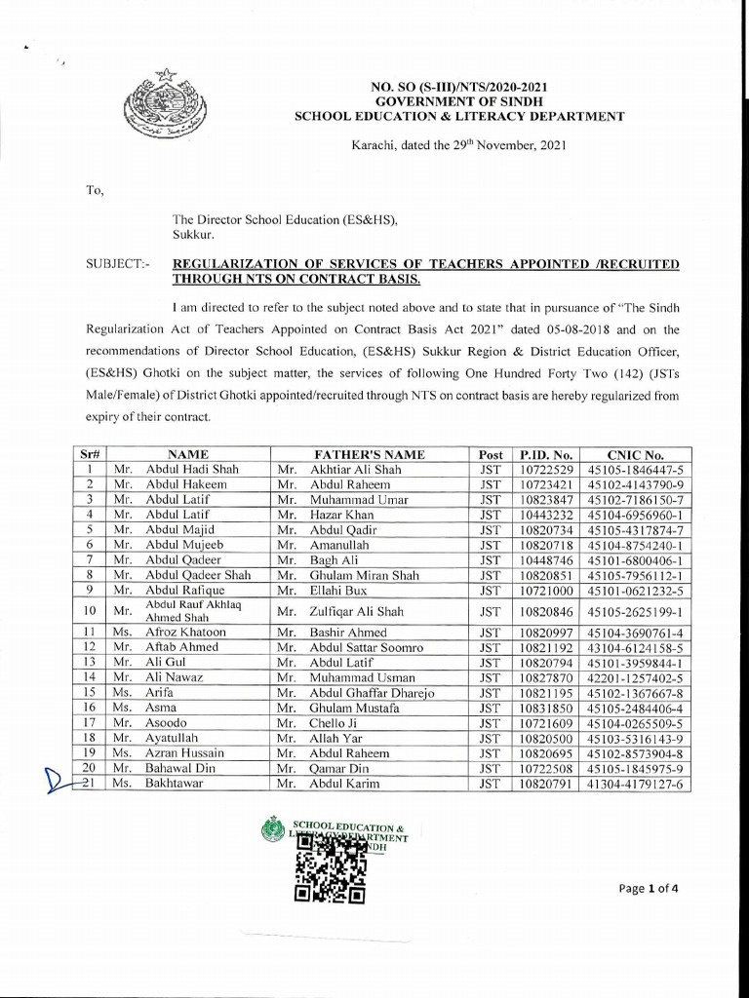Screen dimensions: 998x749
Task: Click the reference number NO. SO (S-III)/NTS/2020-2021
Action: tap(459, 88)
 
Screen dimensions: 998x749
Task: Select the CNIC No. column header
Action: tap(635, 454)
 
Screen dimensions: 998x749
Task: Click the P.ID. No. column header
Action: tap(545, 454)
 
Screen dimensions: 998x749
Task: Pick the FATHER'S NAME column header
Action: tap(369, 454)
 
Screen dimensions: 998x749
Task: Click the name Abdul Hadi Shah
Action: tap(192, 469)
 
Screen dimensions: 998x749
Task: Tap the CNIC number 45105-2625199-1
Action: tap(635, 612)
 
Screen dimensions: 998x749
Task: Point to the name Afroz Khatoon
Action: tap(185, 633)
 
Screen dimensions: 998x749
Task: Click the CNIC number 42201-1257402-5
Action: tap(635, 677)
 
